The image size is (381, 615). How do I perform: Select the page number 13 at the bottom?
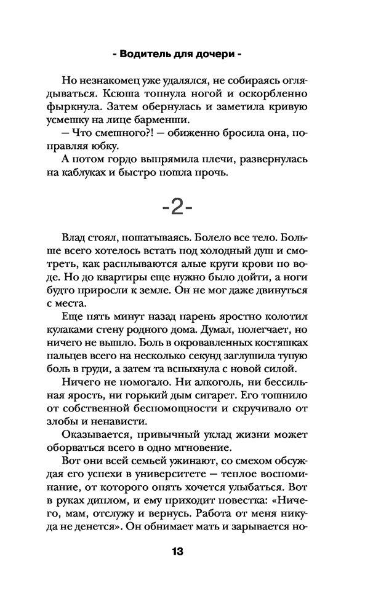pyautogui.click(x=178, y=550)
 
